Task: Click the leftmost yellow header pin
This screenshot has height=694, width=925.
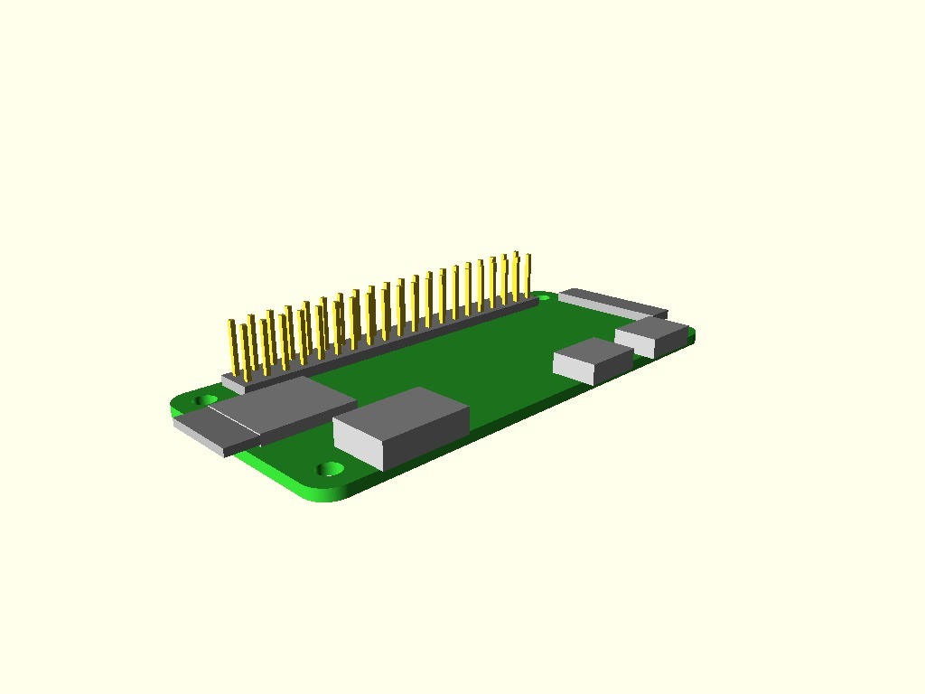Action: [x=233, y=348]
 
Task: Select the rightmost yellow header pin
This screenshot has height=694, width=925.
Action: [x=528, y=276]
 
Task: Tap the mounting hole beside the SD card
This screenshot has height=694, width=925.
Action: [x=206, y=399]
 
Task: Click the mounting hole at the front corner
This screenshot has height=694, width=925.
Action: [x=331, y=469]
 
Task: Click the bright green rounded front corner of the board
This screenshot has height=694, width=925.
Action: [x=325, y=492]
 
